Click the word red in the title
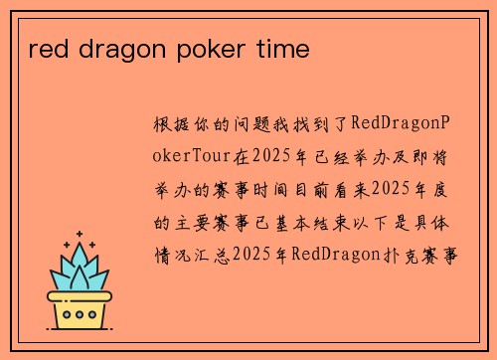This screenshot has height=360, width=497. pos(45,49)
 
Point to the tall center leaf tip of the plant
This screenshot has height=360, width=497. pos(82,250)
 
